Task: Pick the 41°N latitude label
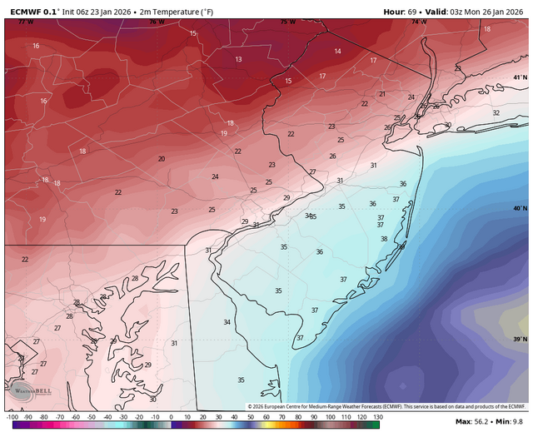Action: [520, 77]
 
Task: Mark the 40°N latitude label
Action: [520, 208]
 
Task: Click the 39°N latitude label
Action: [520, 339]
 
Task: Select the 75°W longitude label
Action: [287, 22]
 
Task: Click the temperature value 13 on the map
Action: [238, 59]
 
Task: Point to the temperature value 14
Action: [337, 52]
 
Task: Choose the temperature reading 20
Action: [162, 158]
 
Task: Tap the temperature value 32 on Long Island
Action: [496, 112]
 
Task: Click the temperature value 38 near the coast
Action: [384, 239]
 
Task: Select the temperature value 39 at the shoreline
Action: [401, 246]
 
